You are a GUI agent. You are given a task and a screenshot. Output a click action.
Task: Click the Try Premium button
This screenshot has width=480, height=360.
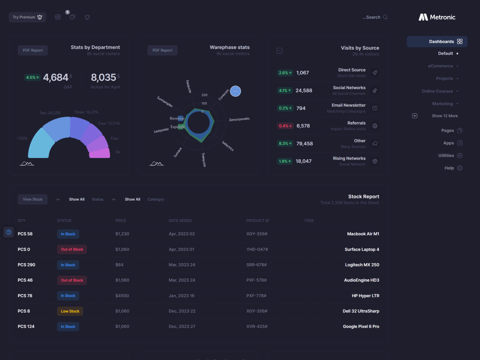[27, 17]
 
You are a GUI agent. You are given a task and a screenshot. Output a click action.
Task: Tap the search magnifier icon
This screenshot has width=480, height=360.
[385, 17]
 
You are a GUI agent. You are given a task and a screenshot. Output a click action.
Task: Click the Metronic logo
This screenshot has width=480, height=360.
[437, 17]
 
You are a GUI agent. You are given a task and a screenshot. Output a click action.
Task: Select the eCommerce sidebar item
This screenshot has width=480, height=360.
[440, 66]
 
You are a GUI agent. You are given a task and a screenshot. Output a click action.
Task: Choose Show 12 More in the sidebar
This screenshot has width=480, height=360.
[444, 116]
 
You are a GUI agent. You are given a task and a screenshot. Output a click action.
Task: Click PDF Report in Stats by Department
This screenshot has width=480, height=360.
[33, 50]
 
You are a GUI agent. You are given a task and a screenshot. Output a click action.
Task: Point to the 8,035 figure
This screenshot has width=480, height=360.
[103, 77]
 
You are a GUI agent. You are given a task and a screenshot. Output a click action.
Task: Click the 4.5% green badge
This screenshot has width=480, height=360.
[32, 78]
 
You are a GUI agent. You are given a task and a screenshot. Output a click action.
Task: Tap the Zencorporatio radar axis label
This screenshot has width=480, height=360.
[239, 119]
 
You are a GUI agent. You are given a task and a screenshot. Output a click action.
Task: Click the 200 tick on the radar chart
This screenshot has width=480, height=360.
[204, 95]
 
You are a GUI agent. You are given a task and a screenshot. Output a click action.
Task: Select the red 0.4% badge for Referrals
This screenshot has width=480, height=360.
[285, 126]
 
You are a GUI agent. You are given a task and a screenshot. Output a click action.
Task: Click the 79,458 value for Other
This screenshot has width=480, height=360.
[304, 144]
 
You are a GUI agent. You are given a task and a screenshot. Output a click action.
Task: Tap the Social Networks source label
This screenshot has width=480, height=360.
[349, 88]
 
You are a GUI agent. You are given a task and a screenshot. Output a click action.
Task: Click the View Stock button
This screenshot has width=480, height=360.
[33, 199]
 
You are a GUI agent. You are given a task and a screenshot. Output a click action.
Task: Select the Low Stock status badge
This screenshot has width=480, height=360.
[70, 311]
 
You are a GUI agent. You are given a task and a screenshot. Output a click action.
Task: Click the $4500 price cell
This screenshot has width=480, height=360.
[122, 296]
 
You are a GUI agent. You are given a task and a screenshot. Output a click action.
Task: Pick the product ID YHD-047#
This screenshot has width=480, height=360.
[257, 250]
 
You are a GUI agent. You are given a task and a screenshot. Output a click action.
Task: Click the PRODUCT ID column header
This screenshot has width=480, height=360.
[258, 220]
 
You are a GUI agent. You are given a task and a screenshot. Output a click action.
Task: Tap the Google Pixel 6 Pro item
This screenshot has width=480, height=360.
[361, 326]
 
